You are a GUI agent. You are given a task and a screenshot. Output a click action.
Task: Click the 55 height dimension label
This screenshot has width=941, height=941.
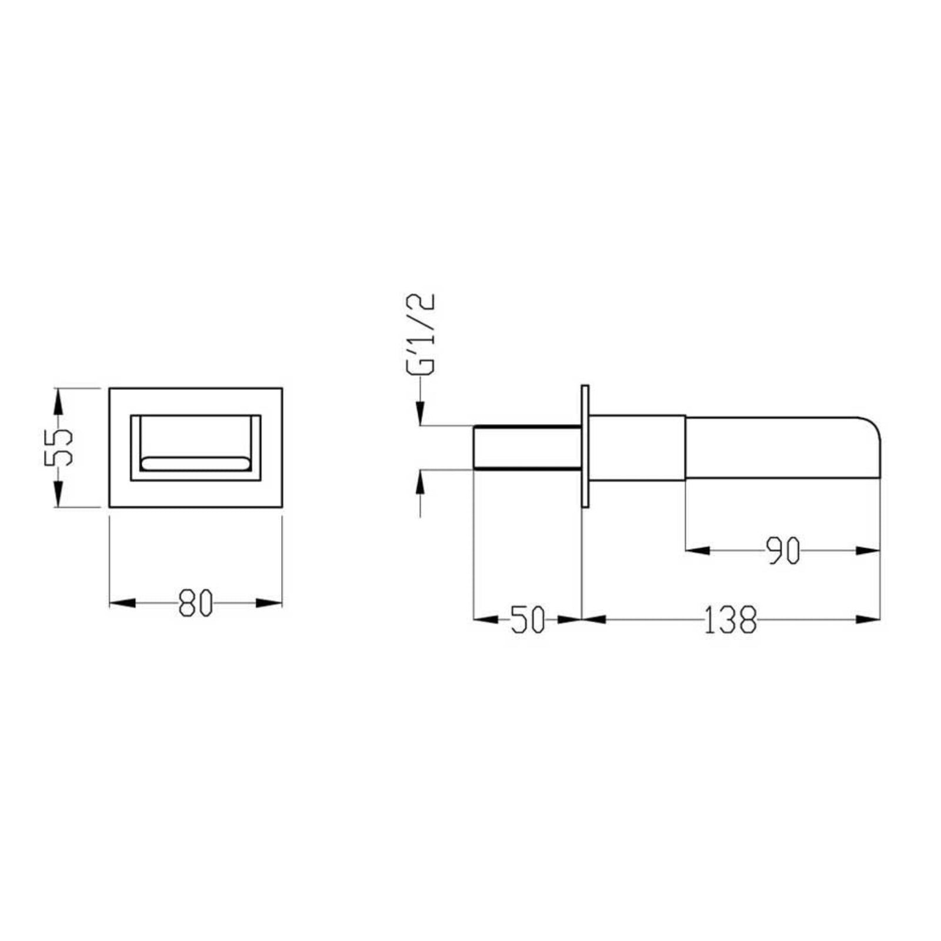(x=58, y=447)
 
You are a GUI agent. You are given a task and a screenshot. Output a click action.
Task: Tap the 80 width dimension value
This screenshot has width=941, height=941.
(x=195, y=602)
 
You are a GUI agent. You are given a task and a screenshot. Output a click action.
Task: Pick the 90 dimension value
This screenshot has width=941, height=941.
(x=783, y=550)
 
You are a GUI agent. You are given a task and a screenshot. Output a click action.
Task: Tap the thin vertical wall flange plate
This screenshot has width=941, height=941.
(x=585, y=446)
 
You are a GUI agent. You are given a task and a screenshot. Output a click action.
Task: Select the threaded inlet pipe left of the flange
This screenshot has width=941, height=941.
(x=528, y=447)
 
